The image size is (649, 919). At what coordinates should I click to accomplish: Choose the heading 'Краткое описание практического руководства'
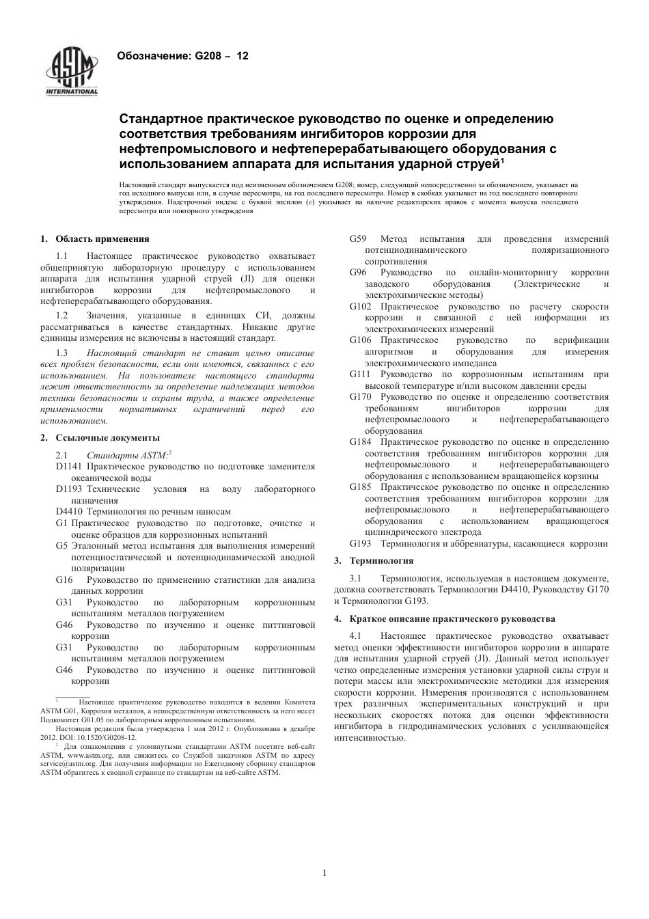[x=452, y=618]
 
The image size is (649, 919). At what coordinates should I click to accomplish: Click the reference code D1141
[x=69, y=466]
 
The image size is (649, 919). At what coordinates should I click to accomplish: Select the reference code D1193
[x=69, y=489]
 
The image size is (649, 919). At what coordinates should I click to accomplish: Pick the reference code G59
[x=358, y=238]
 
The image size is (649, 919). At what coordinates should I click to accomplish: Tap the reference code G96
[x=358, y=273]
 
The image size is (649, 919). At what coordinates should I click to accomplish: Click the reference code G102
[x=361, y=306]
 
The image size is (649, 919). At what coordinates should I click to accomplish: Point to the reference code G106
[x=361, y=340]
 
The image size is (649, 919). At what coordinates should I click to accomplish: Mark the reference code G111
[x=360, y=374]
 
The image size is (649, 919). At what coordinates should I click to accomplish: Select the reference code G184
[x=361, y=441]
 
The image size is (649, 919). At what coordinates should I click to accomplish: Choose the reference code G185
[x=361, y=486]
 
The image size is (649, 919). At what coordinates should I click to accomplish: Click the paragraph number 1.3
[x=61, y=353]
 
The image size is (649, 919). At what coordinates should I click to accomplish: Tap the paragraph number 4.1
[x=356, y=635]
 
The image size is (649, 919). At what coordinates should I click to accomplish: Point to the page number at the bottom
[x=324, y=873]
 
